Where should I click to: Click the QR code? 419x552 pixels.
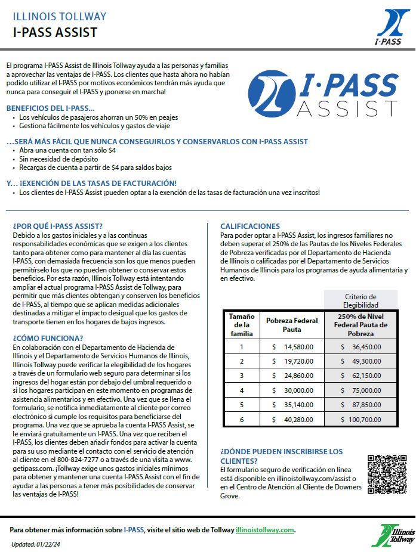(386, 474)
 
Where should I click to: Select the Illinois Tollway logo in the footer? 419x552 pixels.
(392, 535)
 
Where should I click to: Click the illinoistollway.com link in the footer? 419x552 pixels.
(264, 530)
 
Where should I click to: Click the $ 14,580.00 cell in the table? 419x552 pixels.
(292, 346)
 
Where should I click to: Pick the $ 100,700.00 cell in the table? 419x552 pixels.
(361, 419)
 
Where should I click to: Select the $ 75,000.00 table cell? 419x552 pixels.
(361, 390)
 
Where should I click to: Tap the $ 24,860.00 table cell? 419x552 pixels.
(292, 376)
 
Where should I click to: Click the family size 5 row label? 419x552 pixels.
(242, 405)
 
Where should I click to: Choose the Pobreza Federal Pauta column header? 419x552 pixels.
(292, 324)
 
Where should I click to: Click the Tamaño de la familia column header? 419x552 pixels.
(242, 324)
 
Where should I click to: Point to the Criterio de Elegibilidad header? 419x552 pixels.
(361, 300)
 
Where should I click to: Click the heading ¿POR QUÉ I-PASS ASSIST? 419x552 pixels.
(57, 226)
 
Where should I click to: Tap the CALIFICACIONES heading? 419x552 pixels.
(250, 226)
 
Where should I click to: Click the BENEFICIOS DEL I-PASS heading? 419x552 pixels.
(50, 108)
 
